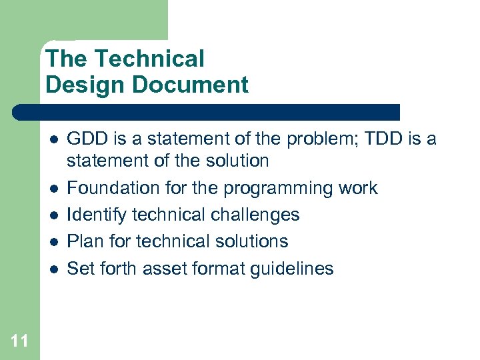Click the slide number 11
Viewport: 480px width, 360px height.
click(x=19, y=341)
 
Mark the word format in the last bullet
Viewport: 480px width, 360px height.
click(x=214, y=269)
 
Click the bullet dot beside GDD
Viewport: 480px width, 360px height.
click(x=54, y=139)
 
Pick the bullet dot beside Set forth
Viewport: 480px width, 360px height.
click(x=54, y=269)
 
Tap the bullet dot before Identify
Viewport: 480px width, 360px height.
click(x=54, y=215)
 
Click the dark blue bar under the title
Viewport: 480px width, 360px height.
click(x=207, y=112)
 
